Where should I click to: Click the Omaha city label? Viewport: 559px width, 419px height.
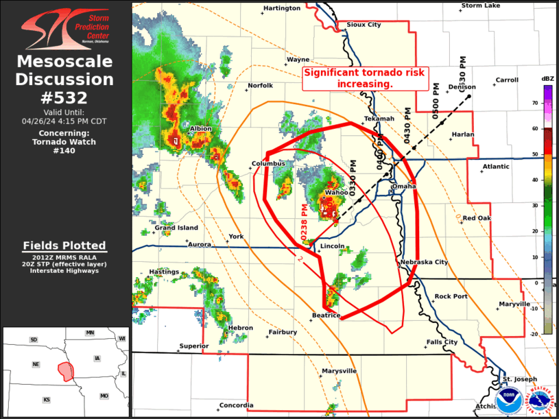coord(403,187)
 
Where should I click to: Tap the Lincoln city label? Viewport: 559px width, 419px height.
coord(332,246)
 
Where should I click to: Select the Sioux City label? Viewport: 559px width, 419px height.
coord(364,25)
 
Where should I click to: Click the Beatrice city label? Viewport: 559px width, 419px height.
coord(326,315)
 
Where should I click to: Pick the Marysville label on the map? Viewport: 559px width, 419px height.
coord(340,371)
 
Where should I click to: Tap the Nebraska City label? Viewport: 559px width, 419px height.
coord(424,262)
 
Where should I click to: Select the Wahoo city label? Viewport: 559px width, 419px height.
coord(336,193)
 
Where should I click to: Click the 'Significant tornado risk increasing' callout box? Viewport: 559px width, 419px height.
coord(365,78)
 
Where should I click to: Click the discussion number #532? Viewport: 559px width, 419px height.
coord(65,98)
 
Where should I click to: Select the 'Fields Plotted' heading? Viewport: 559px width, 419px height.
coord(64,246)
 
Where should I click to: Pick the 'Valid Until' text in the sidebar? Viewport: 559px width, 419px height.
coord(64,112)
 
